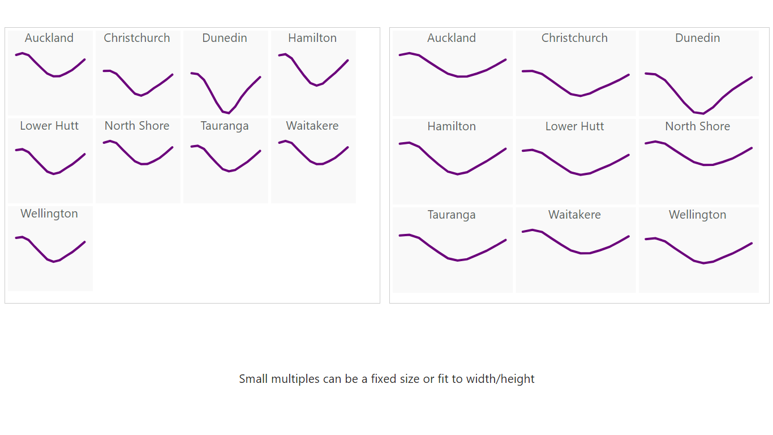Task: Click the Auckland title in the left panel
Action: pos(49,38)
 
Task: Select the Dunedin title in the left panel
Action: pos(225,38)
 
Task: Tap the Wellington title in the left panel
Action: pos(49,214)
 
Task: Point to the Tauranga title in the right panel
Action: pos(452,215)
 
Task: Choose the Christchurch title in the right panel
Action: pos(574,38)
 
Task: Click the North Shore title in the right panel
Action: pos(697,126)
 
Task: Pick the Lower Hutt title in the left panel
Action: pos(49,126)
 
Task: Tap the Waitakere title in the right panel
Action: pos(574,215)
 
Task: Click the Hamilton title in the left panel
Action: pos(312,38)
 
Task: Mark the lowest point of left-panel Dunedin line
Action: pos(229,113)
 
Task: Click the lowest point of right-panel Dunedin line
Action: pos(703,114)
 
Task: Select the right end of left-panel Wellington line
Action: pos(85,242)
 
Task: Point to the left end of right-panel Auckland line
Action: pos(400,55)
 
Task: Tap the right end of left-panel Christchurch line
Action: pos(173,74)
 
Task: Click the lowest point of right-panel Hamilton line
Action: pos(457,174)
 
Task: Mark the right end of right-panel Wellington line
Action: pos(751,243)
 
